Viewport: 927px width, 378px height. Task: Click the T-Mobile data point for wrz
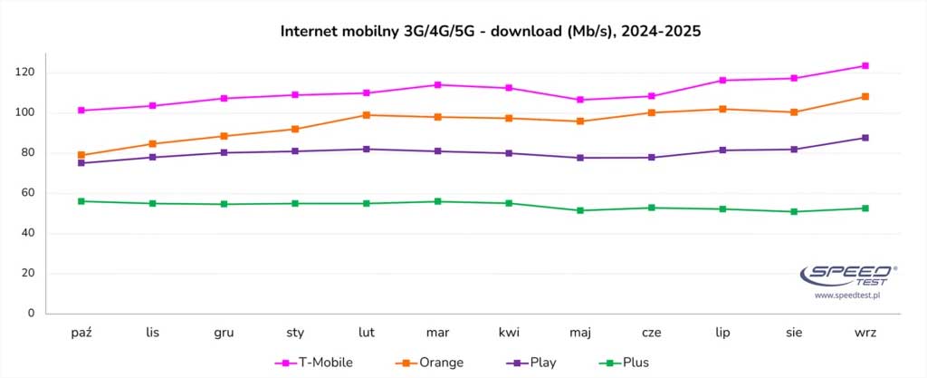pyautogui.click(x=865, y=65)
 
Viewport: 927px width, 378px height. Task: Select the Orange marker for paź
pyautogui.click(x=81, y=155)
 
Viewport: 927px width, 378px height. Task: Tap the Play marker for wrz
pyautogui.click(x=865, y=138)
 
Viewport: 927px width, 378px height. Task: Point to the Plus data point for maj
pyautogui.click(x=580, y=210)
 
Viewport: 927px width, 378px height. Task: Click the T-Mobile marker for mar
pyautogui.click(x=437, y=85)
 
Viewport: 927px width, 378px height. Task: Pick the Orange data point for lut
pyautogui.click(x=367, y=115)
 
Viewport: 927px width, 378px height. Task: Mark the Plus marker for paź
pyautogui.click(x=81, y=201)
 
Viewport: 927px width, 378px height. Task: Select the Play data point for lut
pyautogui.click(x=367, y=149)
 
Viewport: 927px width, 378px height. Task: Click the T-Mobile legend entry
pyautogui.click(x=313, y=363)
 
